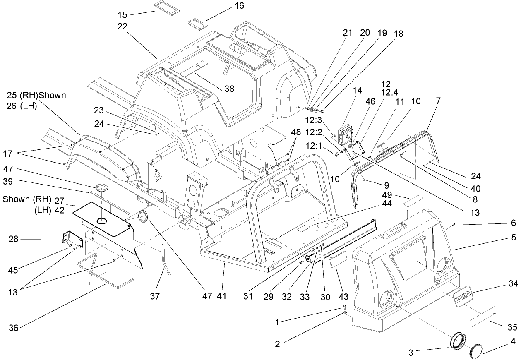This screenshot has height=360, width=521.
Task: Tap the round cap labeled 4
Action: (478, 350)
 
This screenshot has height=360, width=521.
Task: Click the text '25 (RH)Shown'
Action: (36, 96)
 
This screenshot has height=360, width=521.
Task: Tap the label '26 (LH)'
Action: (22, 106)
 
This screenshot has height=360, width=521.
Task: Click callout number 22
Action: (122, 26)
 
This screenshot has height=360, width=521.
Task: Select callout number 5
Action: (513, 238)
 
